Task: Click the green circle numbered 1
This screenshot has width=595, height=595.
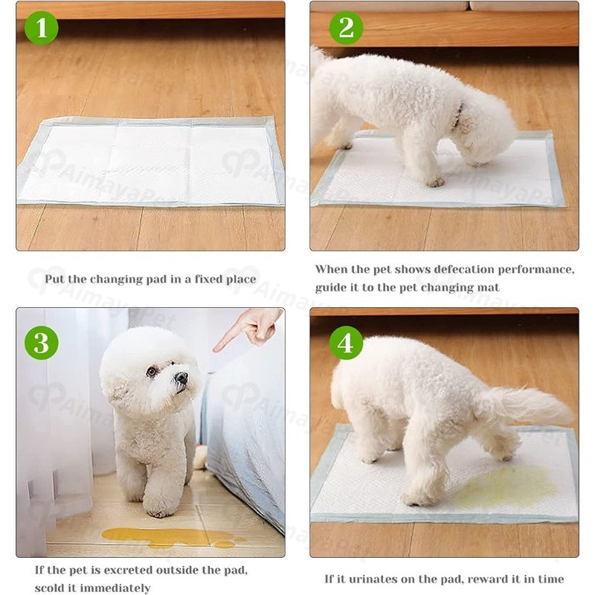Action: [x=42, y=28]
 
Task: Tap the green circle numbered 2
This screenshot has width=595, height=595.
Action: [x=346, y=28]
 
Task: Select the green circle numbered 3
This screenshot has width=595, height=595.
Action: [x=42, y=343]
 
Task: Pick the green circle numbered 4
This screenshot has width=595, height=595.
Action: [x=346, y=343]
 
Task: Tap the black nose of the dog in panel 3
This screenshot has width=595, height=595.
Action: [x=181, y=378]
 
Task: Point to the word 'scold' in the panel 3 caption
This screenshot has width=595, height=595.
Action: [x=49, y=588]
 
